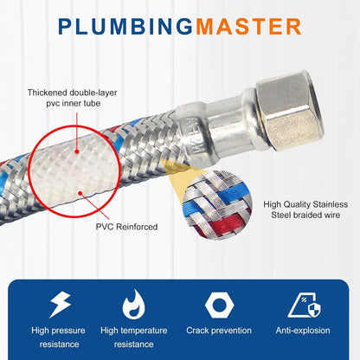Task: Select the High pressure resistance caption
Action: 61,337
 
